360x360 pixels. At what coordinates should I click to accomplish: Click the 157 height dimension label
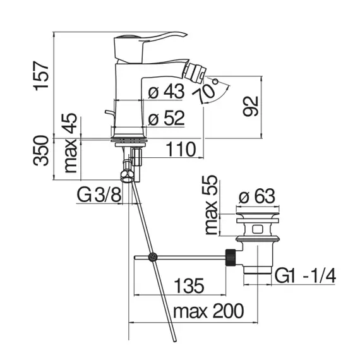41,76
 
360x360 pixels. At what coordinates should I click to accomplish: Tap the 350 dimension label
41,150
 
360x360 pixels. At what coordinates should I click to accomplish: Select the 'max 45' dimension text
70,143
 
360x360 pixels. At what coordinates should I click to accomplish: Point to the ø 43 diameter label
166,91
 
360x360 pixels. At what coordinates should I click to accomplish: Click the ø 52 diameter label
166,118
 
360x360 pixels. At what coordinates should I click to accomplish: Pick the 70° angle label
206,90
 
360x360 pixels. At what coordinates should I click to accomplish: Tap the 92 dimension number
251,106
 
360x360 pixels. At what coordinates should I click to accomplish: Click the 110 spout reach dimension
181,149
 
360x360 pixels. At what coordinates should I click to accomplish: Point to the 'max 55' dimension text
211,205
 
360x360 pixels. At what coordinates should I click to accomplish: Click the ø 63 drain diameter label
256,196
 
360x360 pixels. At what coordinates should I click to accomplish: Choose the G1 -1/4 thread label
305,276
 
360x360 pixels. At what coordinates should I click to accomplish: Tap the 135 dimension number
189,285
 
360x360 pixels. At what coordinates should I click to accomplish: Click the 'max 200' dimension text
208,311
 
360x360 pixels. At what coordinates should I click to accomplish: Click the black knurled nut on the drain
231,258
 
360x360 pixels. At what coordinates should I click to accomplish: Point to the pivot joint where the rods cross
153,257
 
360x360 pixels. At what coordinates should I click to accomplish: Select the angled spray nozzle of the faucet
195,71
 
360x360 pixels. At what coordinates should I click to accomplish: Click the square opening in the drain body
257,229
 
